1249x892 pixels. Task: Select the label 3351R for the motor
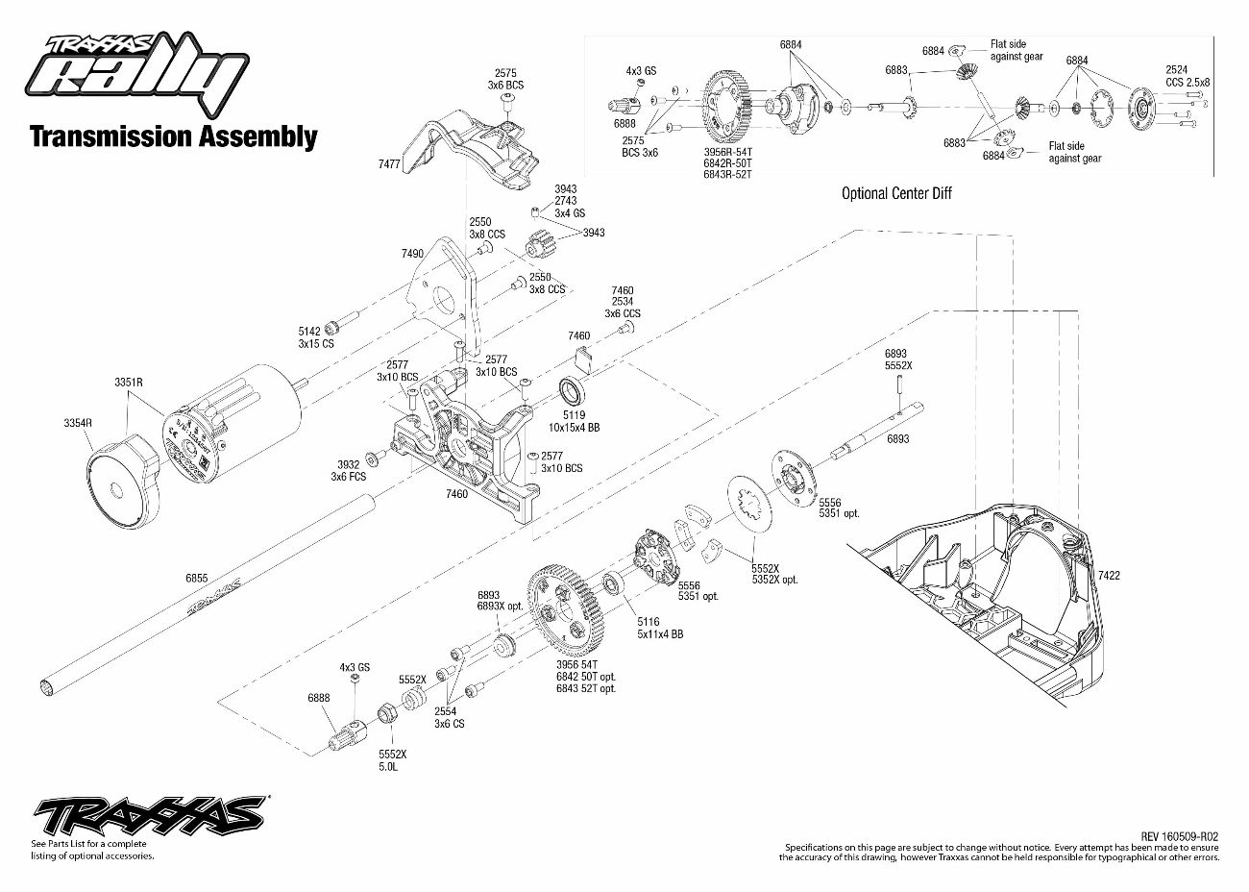pyautogui.click(x=128, y=382)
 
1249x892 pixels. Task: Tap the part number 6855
pyautogui.click(x=196, y=578)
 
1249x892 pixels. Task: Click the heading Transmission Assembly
pyautogui.click(x=173, y=136)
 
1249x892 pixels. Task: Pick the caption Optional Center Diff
pyautogui.click(x=896, y=193)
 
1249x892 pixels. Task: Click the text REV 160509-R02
pyautogui.click(x=1180, y=836)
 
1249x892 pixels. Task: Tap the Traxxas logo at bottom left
pyautogui.click(x=150, y=816)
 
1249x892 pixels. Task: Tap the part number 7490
pyautogui.click(x=411, y=254)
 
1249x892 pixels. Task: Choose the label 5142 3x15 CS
pyautogui.click(x=315, y=337)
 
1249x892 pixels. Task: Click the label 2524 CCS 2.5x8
pyautogui.click(x=1188, y=76)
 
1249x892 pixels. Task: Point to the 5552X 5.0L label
pyautogui.click(x=393, y=760)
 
